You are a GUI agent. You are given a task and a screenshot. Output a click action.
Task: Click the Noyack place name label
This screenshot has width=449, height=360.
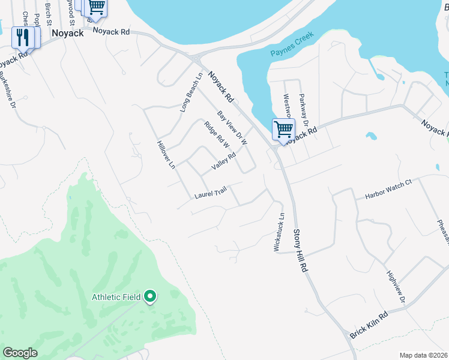(67, 34)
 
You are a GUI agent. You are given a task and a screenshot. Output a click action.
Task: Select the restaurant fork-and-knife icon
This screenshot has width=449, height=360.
(23, 37)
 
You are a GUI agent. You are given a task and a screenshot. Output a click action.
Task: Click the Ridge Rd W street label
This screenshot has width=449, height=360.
(217, 139)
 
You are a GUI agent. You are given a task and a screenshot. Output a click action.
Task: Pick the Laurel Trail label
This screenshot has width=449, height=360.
(210, 193)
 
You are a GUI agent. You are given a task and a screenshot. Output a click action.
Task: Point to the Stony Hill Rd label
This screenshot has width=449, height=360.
(300, 251)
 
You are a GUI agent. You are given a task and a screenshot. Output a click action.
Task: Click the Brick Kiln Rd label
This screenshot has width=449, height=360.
(369, 325)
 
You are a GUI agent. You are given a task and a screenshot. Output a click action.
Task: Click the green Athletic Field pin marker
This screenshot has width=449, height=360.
(151, 296)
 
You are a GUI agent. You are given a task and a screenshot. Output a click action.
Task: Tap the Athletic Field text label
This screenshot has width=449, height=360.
(116, 297)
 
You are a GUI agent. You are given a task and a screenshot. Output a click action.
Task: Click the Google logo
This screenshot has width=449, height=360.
(20, 353)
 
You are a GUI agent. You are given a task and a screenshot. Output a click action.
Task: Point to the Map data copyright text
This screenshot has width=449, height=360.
(423, 355)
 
